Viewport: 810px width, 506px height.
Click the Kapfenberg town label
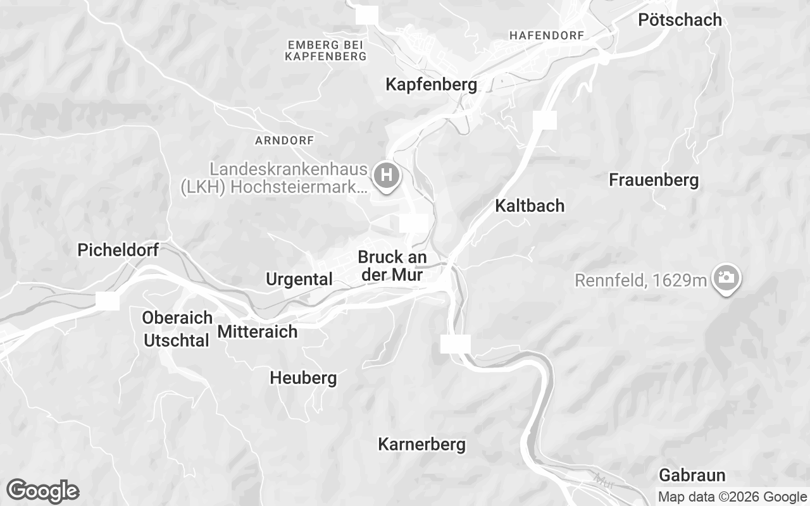pyautogui.click(x=432, y=84)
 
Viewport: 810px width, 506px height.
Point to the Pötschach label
pyautogui.click(x=680, y=20)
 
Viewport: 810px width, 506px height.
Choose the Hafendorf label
pyautogui.click(x=546, y=35)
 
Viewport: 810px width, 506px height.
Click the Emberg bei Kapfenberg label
pyautogui.click(x=325, y=51)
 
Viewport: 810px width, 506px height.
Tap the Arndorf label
pyautogui.click(x=283, y=140)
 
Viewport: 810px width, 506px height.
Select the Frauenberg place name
pyautogui.click(x=654, y=180)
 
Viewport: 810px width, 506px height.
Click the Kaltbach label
pyautogui.click(x=530, y=206)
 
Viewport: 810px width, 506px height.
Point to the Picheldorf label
pyautogui.click(x=118, y=250)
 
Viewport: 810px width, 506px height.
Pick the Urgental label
pyautogui.click(x=299, y=280)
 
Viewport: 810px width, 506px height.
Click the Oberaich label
pyautogui.click(x=177, y=318)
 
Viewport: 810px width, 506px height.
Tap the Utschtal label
pyautogui.click(x=177, y=341)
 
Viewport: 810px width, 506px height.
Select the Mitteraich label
pyautogui.click(x=257, y=331)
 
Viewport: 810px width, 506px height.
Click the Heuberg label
pyautogui.click(x=303, y=379)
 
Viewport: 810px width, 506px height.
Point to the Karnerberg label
pyautogui.click(x=421, y=445)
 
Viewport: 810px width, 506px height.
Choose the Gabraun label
pyautogui.click(x=692, y=475)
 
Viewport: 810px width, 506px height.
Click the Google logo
pyautogui.click(x=42, y=491)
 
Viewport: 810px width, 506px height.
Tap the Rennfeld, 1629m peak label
pyautogui.click(x=640, y=280)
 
